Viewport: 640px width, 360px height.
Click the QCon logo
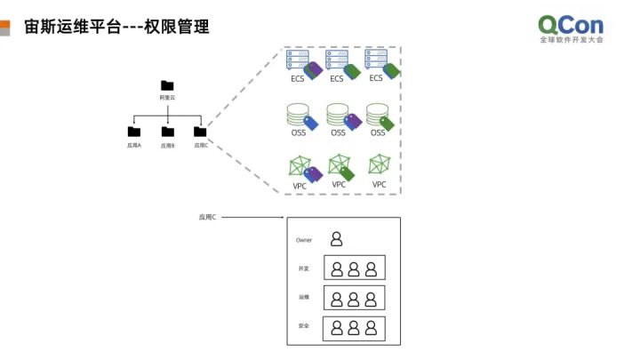pos(571,27)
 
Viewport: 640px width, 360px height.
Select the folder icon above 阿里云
pos(167,85)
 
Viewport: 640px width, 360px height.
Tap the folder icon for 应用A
pos(134,132)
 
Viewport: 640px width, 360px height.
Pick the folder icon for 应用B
pos(167,132)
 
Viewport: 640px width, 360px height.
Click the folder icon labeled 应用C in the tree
pos(200,132)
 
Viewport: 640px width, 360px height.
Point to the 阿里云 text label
pos(167,97)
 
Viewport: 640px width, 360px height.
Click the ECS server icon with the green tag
pos(337,61)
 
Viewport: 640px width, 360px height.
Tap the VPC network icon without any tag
pos(380,165)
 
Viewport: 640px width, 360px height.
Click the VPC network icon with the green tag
pos(339,165)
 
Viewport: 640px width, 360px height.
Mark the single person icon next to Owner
pos(337,238)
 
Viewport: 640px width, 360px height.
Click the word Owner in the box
pos(304,240)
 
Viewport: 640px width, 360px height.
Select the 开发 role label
pos(304,268)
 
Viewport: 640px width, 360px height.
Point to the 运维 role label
pos(304,297)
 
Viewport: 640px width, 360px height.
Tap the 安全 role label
pos(304,325)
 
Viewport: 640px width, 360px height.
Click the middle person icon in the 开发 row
pos(354,268)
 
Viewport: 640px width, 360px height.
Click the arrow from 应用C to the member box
pos(253,217)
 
